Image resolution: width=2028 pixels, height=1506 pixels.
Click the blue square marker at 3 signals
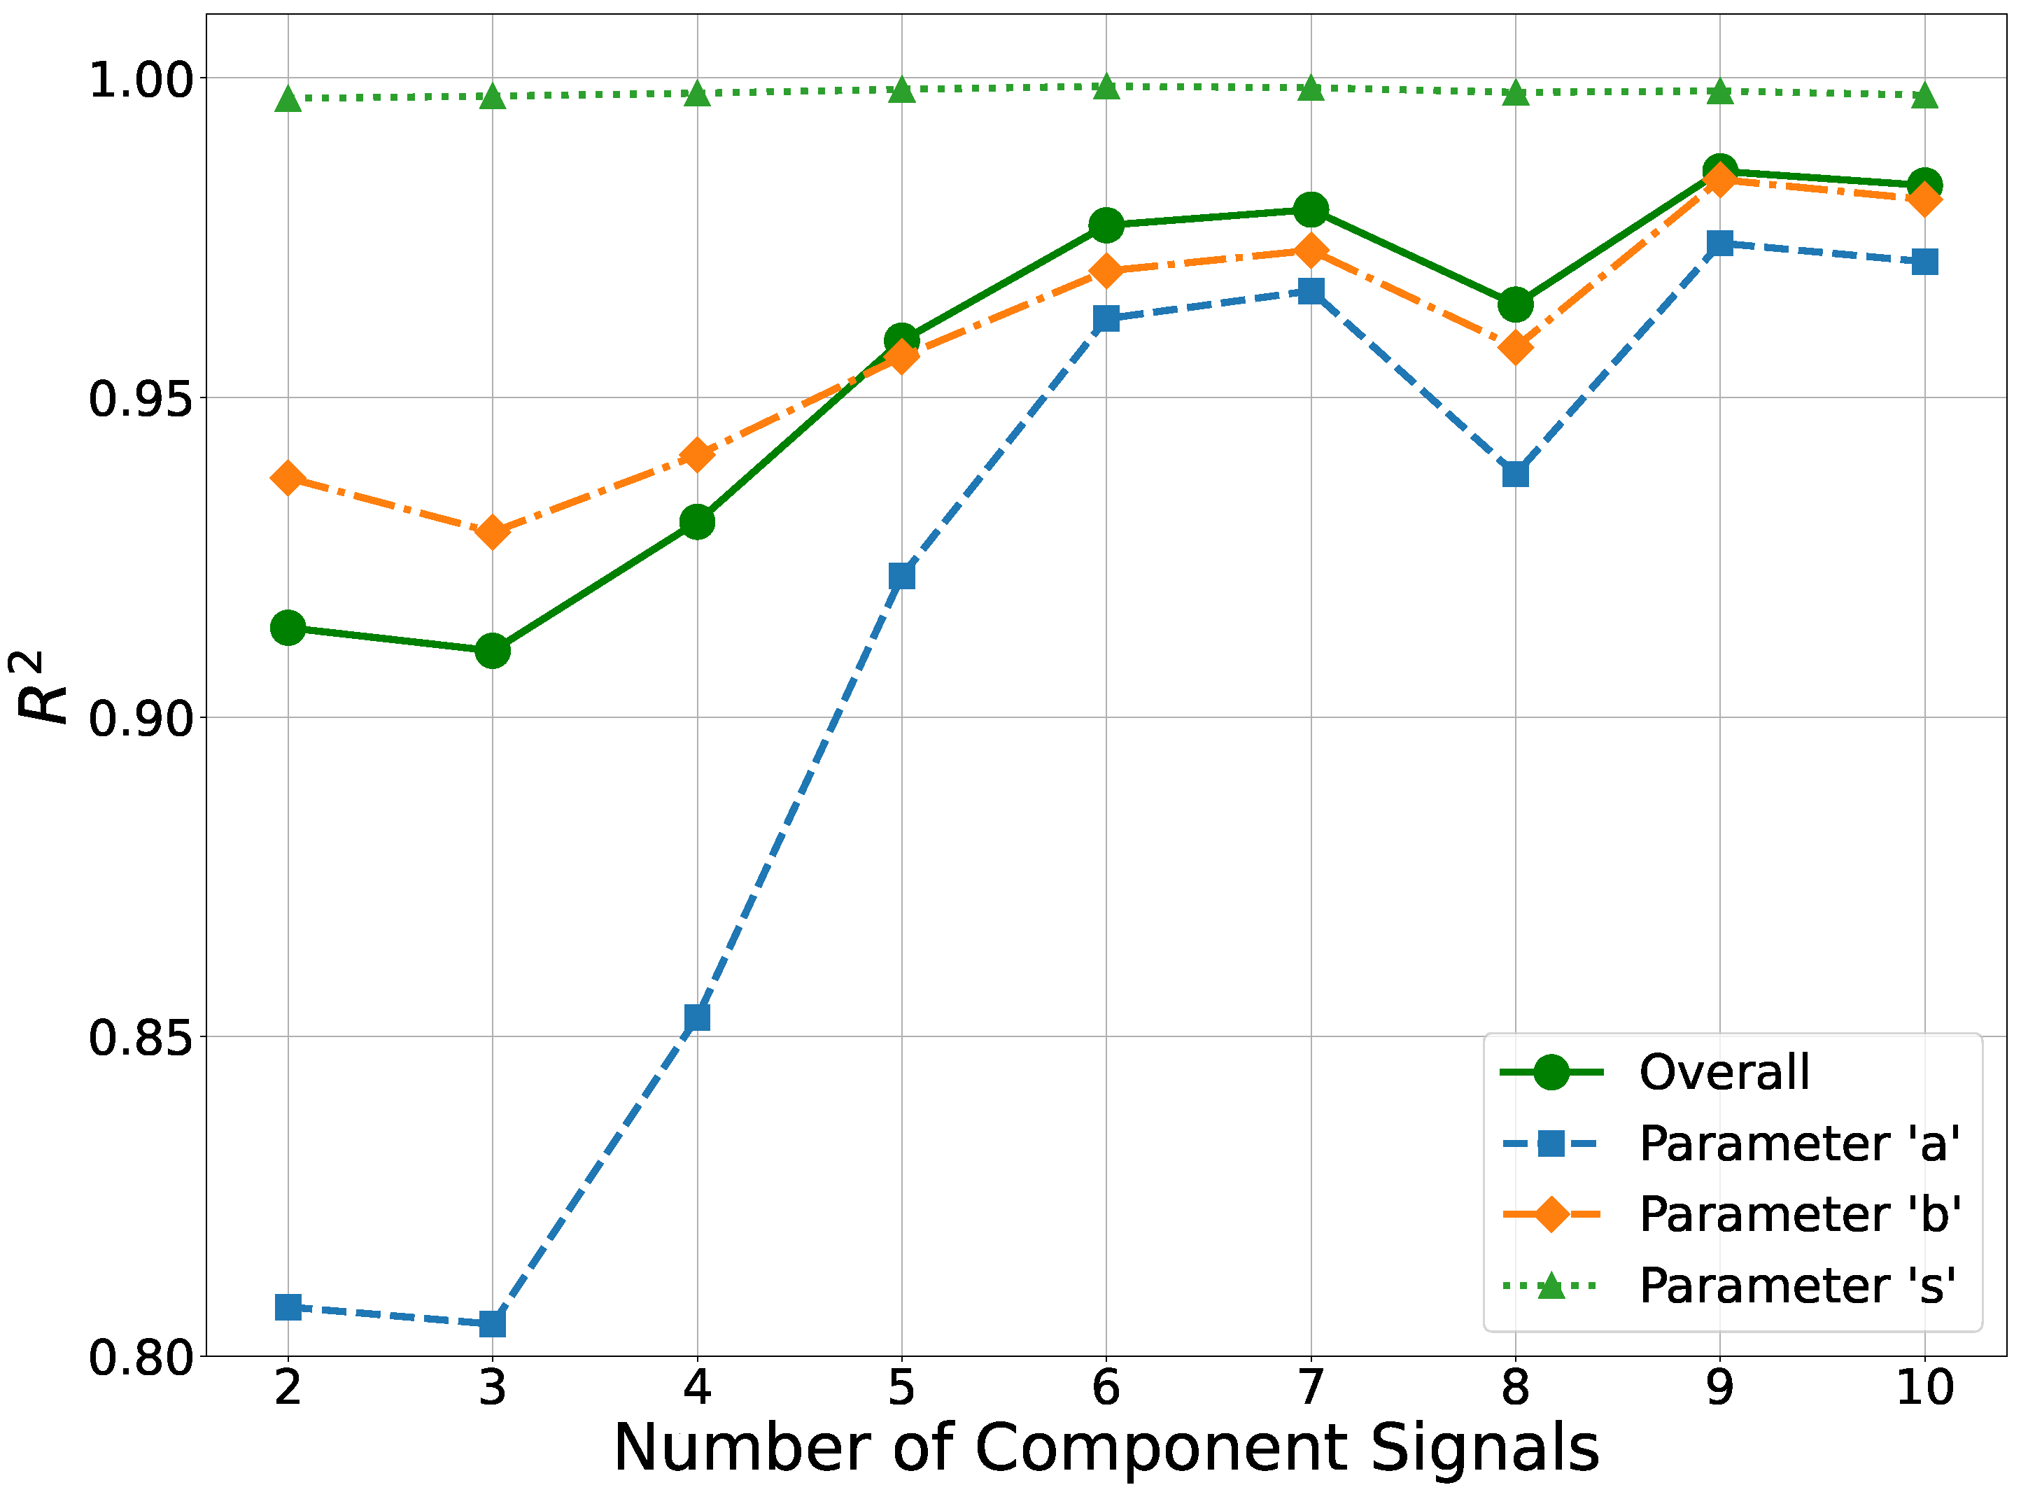[x=492, y=1323]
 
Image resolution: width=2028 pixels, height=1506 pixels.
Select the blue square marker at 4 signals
[x=697, y=1016]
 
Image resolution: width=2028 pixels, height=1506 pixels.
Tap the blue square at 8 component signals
[x=1515, y=474]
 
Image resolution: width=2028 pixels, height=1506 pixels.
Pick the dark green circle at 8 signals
[x=1515, y=304]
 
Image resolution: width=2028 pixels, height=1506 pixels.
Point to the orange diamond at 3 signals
[x=492, y=530]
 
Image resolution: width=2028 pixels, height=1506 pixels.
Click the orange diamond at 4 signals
[x=697, y=454]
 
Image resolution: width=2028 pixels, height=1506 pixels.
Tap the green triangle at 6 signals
[x=1106, y=87]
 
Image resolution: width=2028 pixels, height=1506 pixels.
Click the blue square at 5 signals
[x=901, y=575]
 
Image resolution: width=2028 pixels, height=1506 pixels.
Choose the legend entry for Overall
[x=1723, y=1072]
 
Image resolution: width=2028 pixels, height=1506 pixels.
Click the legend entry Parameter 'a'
[x=1797, y=1143]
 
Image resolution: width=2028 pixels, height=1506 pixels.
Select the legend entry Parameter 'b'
[x=1797, y=1214]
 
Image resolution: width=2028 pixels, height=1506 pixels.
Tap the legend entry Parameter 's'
[x=1796, y=1286]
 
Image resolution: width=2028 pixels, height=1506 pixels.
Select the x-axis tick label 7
[x=1311, y=1388]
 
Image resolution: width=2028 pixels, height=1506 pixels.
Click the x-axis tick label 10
[x=1924, y=1388]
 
